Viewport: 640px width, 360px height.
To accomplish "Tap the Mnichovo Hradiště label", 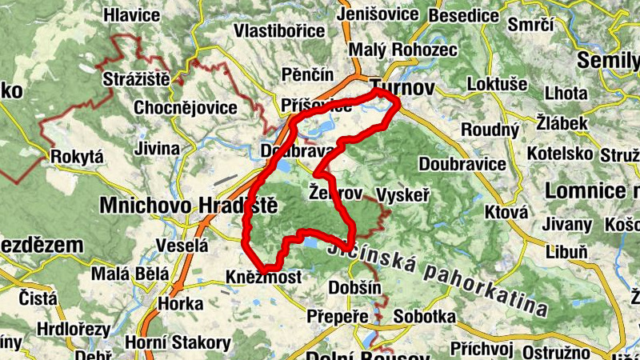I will tap(188, 206).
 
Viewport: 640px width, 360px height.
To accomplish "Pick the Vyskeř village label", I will tap(403, 195).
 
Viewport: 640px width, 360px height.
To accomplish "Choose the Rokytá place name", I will tap(77, 158).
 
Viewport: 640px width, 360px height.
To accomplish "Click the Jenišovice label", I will tap(378, 14).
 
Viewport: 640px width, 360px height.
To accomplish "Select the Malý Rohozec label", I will tap(407, 50).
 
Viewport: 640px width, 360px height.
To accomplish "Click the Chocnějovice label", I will tap(186, 107).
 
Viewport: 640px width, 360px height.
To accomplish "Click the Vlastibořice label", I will tap(279, 30).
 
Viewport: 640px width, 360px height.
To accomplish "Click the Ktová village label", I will tap(506, 212).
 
